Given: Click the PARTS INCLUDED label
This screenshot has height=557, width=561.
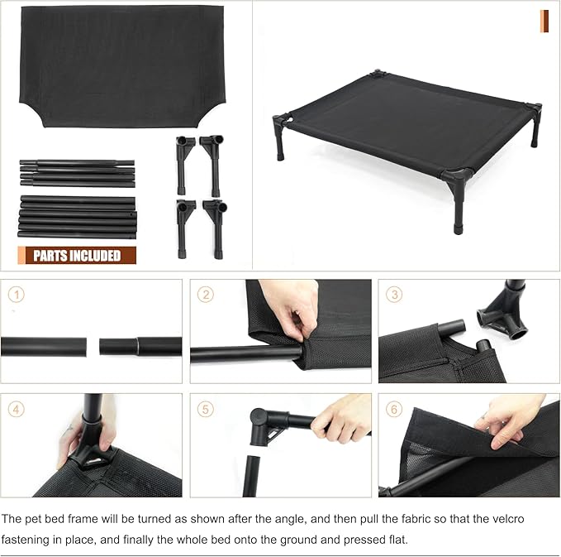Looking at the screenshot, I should click(x=77, y=256).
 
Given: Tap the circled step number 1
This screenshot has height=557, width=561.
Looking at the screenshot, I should click(x=18, y=295).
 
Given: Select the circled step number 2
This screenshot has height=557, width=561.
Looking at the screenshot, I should click(x=207, y=295).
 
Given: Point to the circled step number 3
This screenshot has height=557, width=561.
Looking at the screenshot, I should click(x=395, y=295).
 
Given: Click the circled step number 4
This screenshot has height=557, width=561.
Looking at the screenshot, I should click(x=18, y=408).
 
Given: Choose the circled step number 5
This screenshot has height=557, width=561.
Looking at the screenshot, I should click(x=207, y=408).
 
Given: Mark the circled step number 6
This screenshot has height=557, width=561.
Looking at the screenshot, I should click(x=395, y=408).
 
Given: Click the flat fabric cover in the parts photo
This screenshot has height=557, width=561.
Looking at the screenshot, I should click(x=121, y=62).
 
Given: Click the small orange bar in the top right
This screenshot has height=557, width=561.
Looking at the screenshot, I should click(x=544, y=22).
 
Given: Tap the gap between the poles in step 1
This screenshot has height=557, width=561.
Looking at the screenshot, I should click(x=93, y=345).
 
